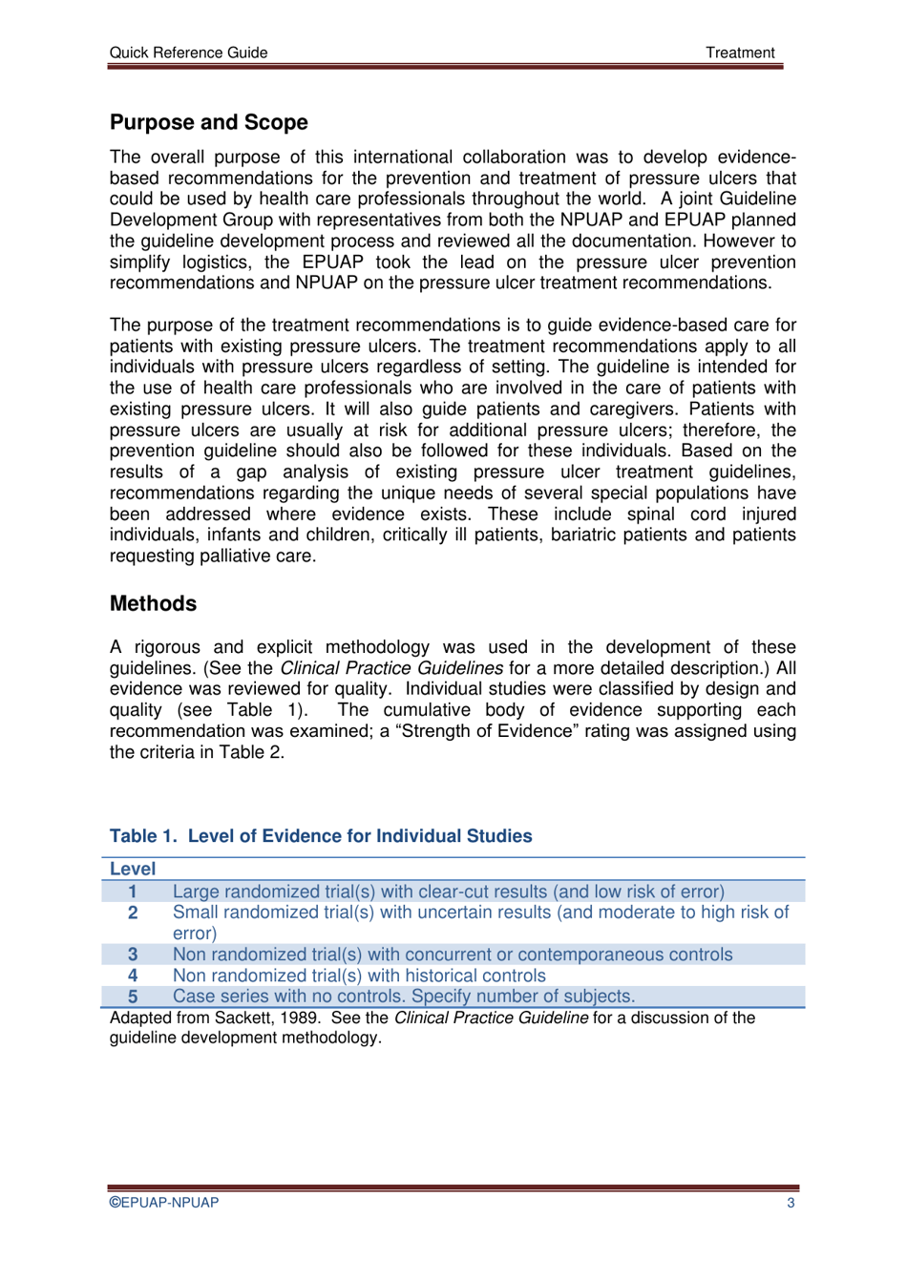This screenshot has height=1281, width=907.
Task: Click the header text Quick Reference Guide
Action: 188,52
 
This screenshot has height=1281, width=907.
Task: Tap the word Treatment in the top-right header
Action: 740,52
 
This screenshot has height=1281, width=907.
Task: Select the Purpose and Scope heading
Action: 208,122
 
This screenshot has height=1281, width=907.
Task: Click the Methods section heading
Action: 153,603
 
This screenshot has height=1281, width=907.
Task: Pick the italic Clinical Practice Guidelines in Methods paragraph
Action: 390,668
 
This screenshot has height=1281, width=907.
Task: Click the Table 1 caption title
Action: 321,836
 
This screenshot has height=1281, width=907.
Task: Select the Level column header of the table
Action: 133,869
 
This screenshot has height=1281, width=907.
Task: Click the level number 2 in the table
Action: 133,913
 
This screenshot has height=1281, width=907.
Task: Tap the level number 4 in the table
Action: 133,976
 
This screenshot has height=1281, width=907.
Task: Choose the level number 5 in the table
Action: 133,997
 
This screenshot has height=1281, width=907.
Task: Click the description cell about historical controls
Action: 359,976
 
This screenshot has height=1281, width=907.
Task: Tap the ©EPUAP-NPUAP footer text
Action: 163,1203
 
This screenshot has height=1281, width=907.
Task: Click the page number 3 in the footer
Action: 791,1203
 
